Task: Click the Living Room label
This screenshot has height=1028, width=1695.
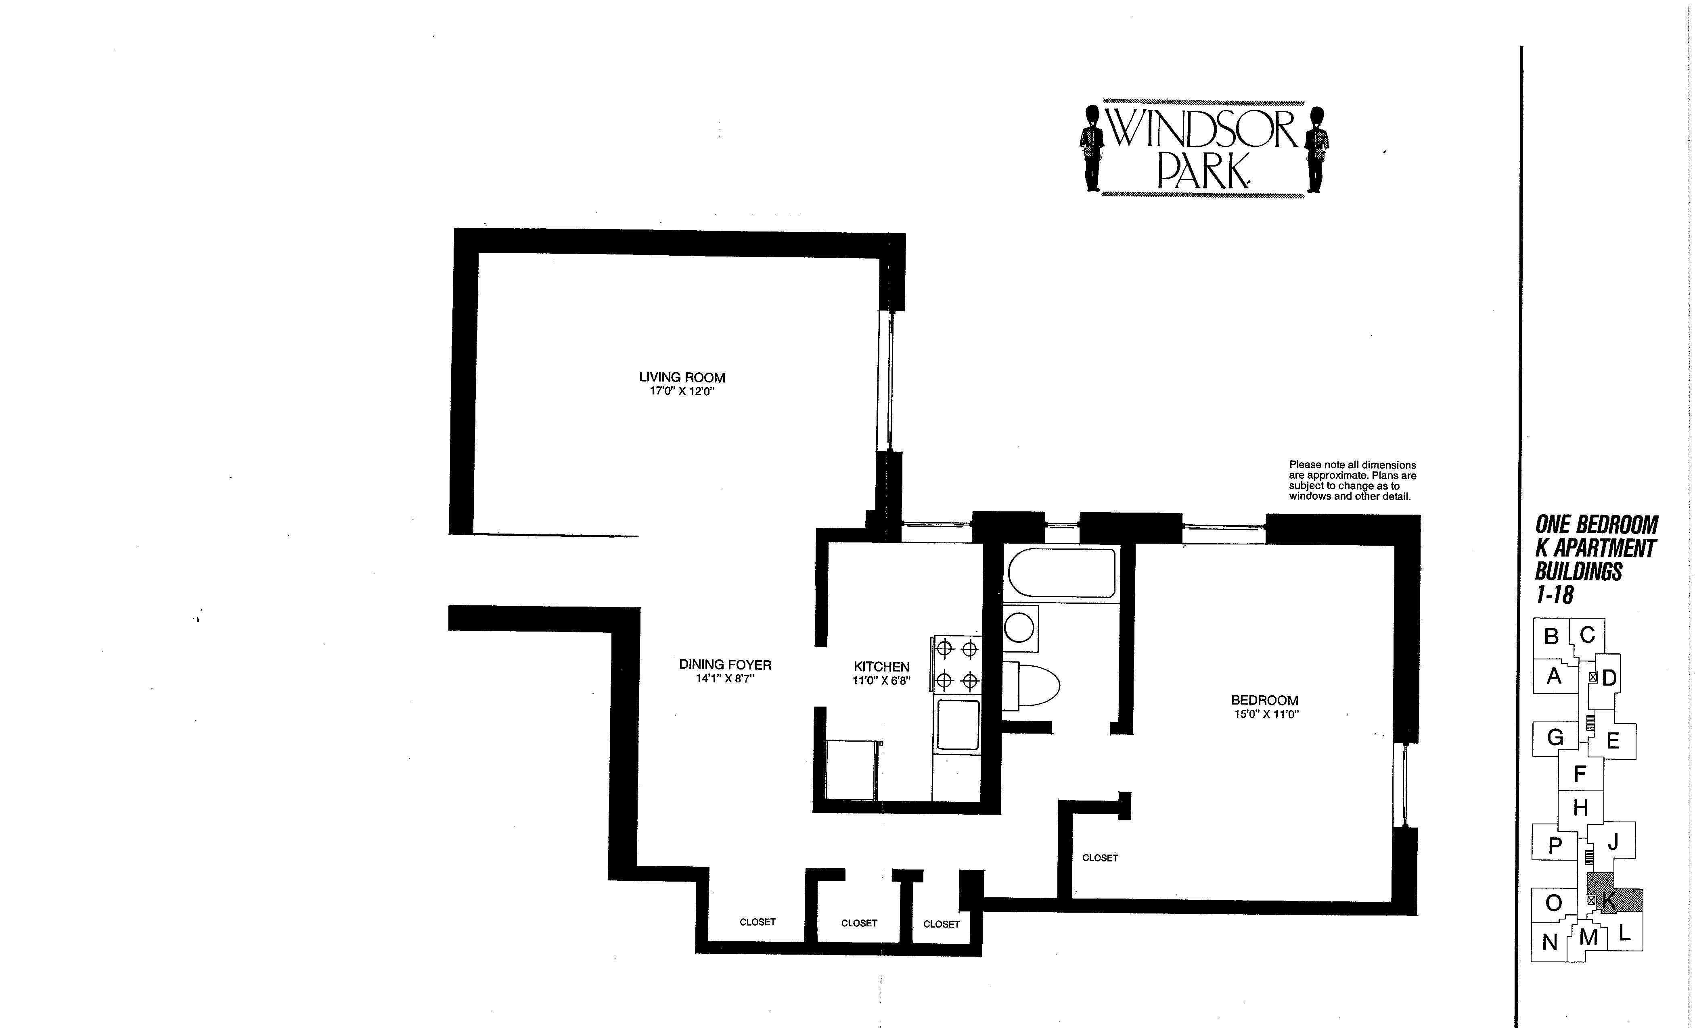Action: [x=682, y=377]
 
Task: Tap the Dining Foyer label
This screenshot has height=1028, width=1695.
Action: [x=725, y=665]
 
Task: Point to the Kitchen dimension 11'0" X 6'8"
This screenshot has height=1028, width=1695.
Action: [x=881, y=681]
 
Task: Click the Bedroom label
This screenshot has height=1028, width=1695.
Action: [x=1264, y=700]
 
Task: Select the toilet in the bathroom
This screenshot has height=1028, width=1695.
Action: [x=1030, y=685]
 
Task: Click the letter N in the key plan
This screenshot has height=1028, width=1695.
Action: [x=1550, y=942]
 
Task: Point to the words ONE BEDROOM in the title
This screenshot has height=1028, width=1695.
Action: [x=1596, y=525]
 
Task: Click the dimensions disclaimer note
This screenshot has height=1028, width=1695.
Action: [x=1352, y=481]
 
